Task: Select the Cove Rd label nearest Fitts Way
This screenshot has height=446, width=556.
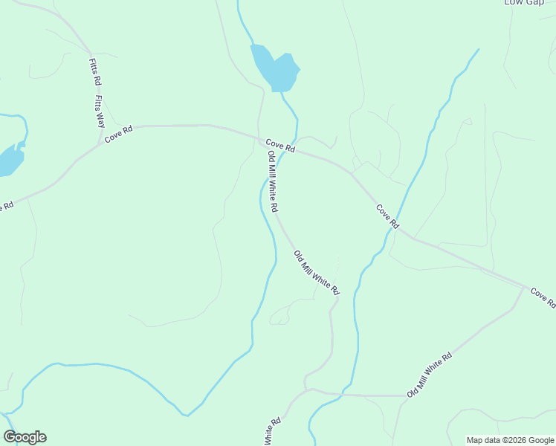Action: pyautogui.click(x=119, y=135)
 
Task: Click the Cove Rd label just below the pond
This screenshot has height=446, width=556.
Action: pyautogui.click(x=281, y=146)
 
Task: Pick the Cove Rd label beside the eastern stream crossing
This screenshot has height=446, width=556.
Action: pyautogui.click(x=387, y=216)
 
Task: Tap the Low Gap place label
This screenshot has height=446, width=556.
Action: pyautogui.click(x=524, y=2)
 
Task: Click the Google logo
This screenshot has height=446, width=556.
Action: pyautogui.click(x=25, y=437)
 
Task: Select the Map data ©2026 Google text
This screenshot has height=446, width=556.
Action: pyautogui.click(x=509, y=440)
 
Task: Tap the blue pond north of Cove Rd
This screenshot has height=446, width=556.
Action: pyautogui.click(x=274, y=68)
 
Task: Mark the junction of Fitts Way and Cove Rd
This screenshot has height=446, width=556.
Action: pyautogui.click(x=102, y=141)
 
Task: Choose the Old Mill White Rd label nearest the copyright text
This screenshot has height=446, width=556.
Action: pyautogui.click(x=430, y=375)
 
